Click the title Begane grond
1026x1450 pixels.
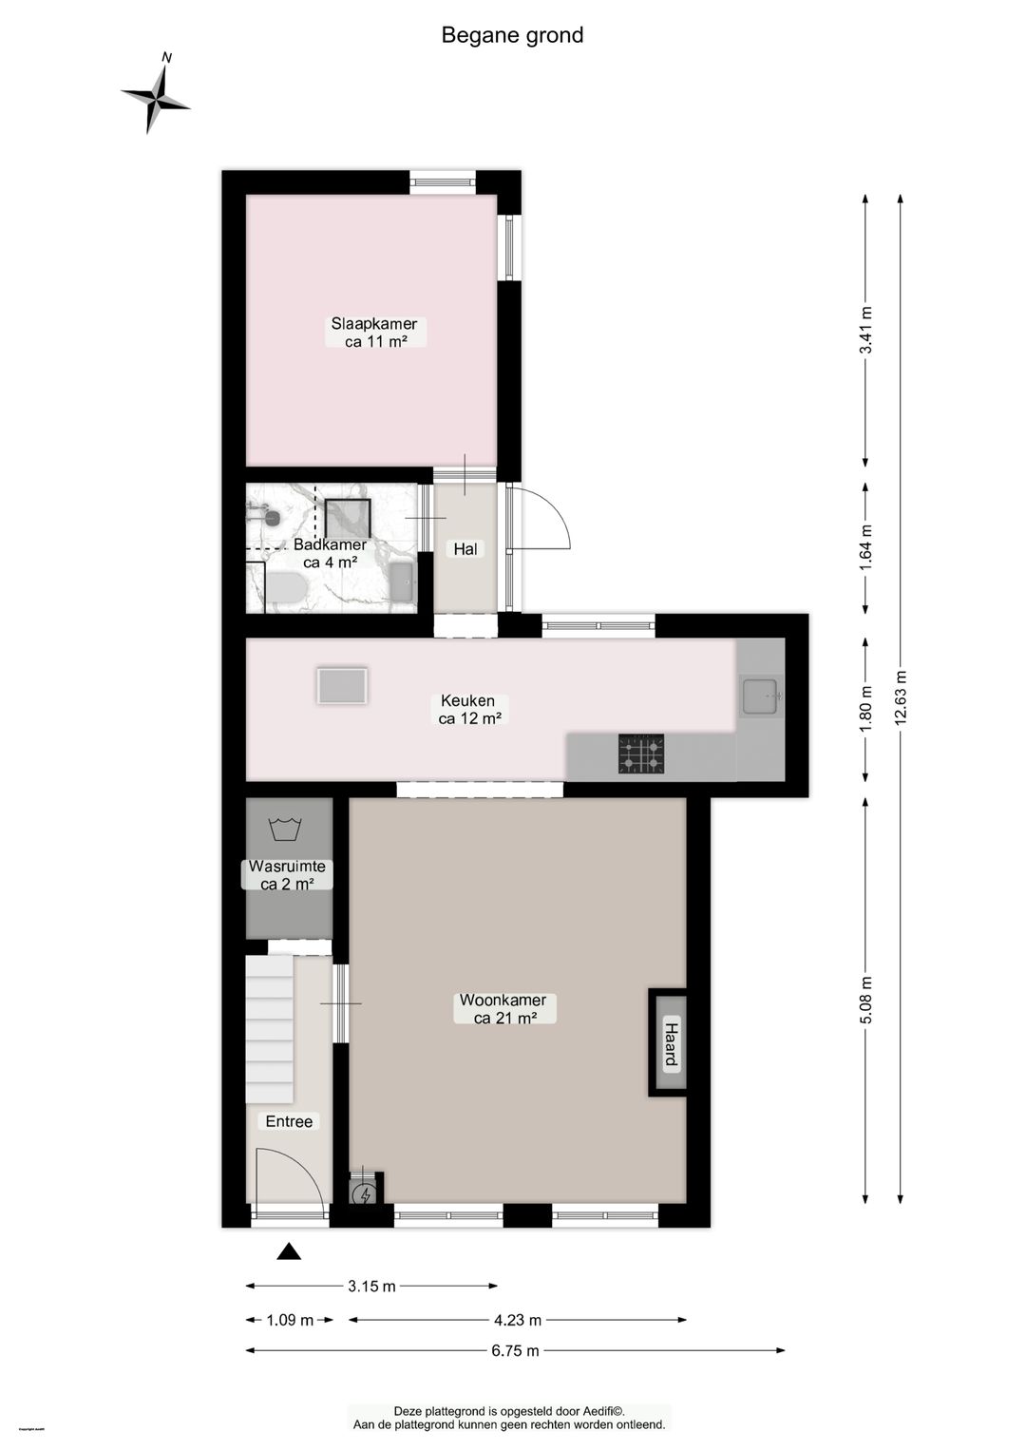click(x=512, y=35)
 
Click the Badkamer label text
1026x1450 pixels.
click(x=330, y=544)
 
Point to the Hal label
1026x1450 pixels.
click(x=465, y=549)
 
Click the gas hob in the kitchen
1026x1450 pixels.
click(x=641, y=754)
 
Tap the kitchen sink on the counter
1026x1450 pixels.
click(x=761, y=696)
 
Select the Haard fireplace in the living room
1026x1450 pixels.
click(x=670, y=1043)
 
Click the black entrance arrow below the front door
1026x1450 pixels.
click(x=289, y=1251)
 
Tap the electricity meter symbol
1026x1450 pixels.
click(x=363, y=1194)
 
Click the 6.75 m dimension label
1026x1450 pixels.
click(x=515, y=1350)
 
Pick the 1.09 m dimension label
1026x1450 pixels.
click(x=289, y=1320)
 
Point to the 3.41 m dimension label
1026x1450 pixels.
click(x=864, y=331)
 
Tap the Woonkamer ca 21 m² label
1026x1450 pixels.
click(x=503, y=1009)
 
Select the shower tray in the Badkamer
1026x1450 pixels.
click(x=347, y=518)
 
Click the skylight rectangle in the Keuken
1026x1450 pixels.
click(x=342, y=685)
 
